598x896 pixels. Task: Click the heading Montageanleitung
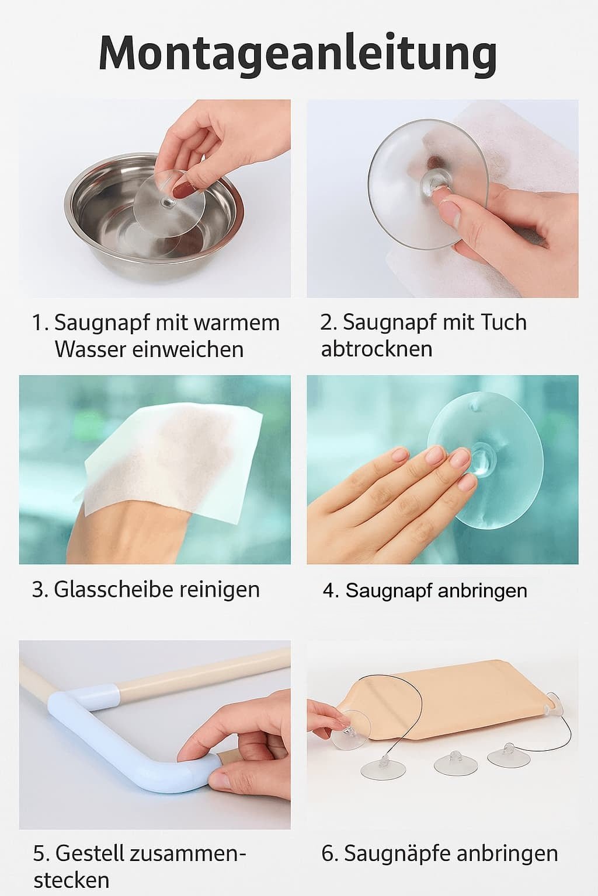(298, 54)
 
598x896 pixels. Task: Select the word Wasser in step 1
(91, 349)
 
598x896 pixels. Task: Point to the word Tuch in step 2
(503, 322)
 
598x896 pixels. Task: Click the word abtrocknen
(377, 349)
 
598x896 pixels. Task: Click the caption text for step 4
(425, 591)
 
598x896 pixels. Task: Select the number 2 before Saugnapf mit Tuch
(326, 323)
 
